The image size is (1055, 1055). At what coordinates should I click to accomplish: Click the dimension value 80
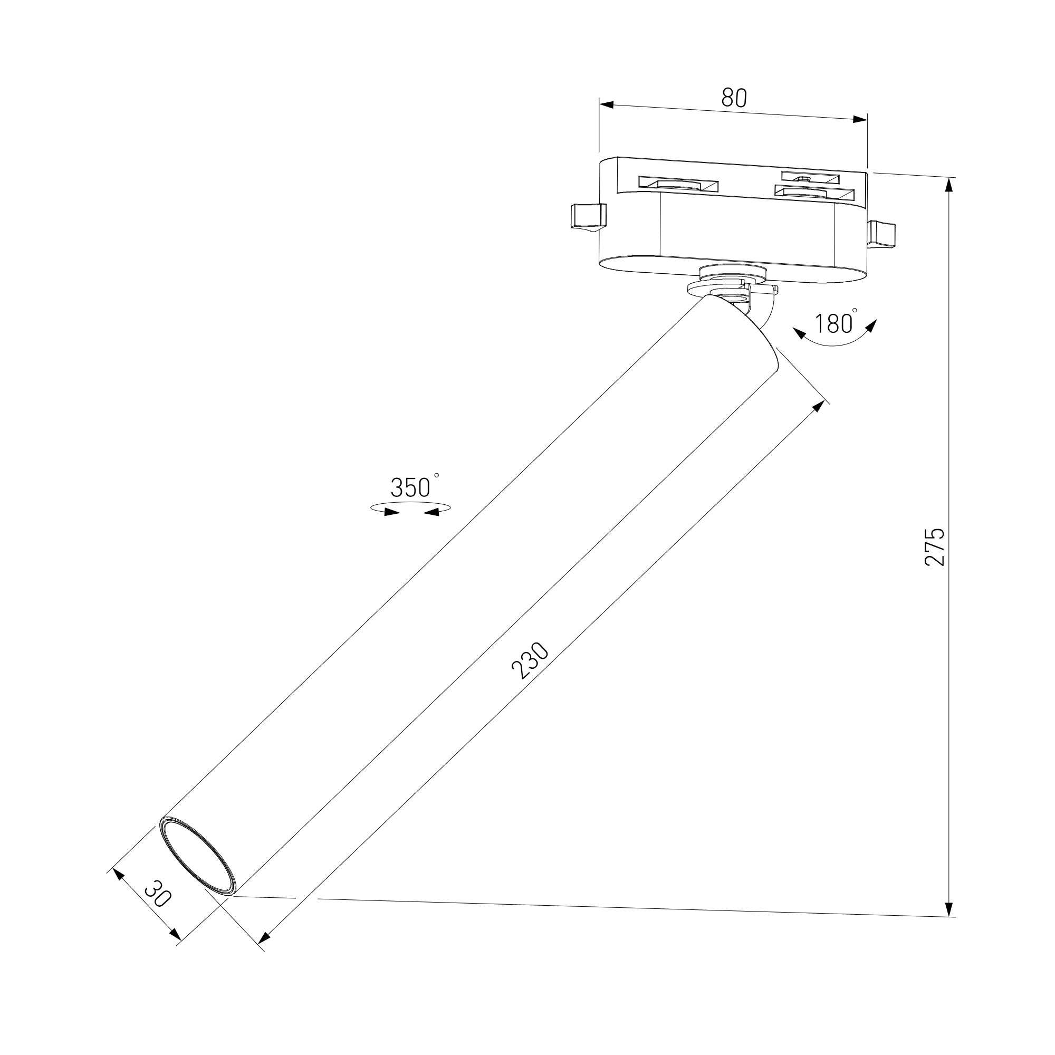(734, 97)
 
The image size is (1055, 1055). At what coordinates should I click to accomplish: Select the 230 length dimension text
(530, 661)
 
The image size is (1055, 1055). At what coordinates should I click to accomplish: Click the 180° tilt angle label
(836, 323)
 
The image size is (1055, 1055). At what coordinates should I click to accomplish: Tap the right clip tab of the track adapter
(883, 234)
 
